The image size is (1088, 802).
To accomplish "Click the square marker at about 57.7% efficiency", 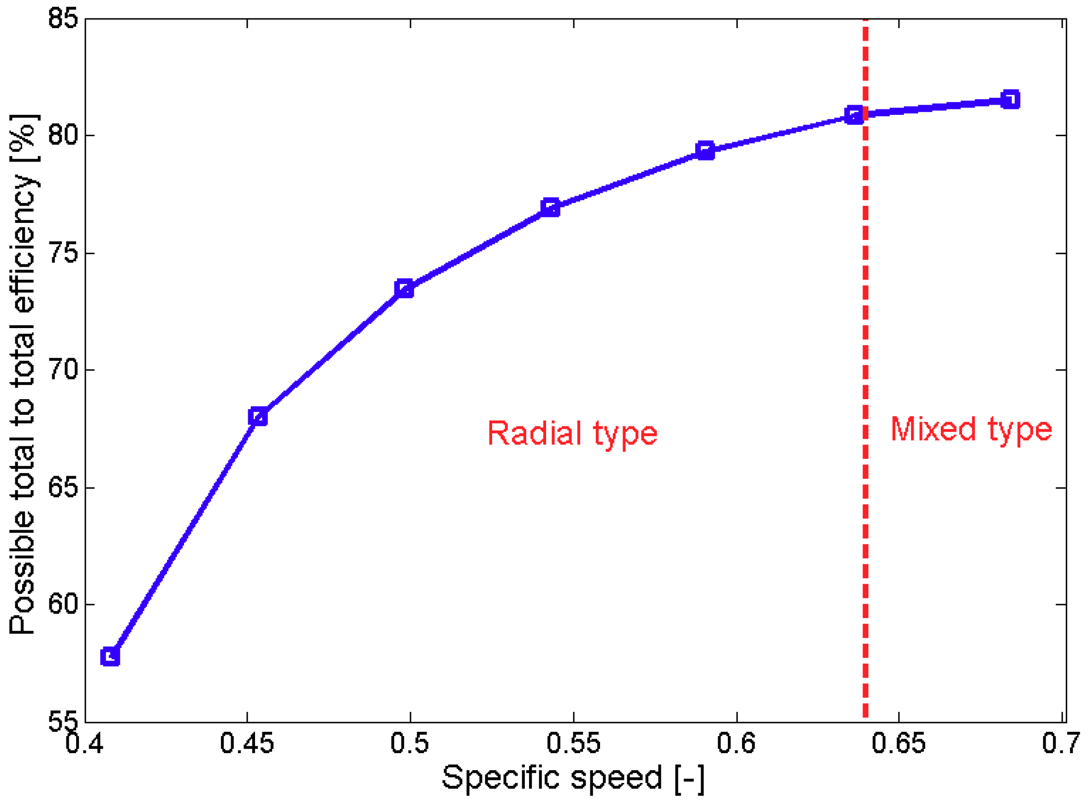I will coord(110,657).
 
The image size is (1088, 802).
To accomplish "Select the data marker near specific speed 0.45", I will coord(258,417).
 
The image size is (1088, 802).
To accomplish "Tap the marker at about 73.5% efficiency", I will coord(404,289).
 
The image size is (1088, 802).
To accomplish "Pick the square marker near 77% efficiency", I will coord(550,208).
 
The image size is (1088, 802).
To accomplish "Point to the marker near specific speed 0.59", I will coord(705,150).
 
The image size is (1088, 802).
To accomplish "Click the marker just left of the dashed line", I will coord(854,115).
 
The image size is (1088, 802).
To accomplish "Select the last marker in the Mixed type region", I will coord(1010,100).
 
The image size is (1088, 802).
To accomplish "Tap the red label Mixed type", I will coord(970,429).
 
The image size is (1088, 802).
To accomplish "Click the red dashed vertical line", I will coord(865,534).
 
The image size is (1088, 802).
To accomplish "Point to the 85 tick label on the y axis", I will coord(63,19).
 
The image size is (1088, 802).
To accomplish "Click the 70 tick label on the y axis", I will coord(63,370).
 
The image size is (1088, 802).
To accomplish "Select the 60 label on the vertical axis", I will coord(63,604).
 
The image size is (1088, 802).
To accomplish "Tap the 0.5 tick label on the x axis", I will coord(410,743).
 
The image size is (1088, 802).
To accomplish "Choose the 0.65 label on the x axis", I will coord(898,743).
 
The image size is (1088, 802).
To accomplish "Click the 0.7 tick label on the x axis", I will coord(1061,743).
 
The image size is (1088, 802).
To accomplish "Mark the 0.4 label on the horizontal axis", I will coord(84,743).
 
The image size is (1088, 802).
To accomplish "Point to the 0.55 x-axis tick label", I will coord(573,743).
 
